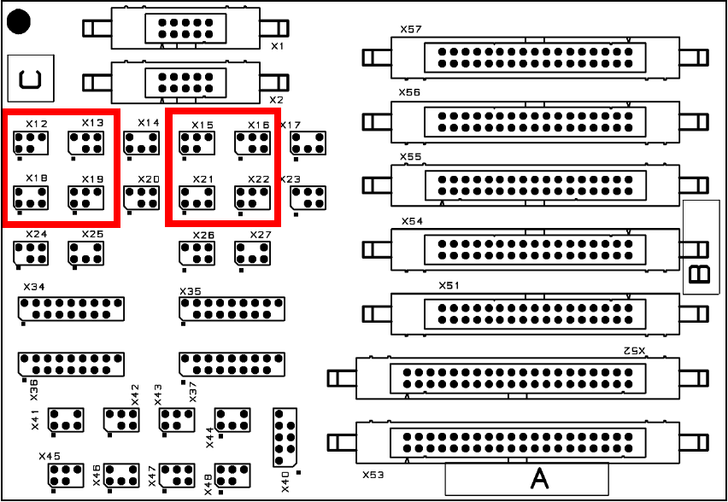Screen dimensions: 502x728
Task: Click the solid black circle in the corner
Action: [20, 20]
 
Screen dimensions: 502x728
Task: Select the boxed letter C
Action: [30, 77]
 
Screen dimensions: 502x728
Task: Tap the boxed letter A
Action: [540, 478]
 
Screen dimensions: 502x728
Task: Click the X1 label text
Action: [277, 45]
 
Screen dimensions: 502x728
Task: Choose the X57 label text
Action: [410, 29]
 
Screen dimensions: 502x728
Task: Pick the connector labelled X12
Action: [31, 143]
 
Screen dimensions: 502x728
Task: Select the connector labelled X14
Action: [141, 143]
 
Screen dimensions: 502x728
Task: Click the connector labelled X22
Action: [253, 198]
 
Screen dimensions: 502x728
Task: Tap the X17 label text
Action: [291, 125]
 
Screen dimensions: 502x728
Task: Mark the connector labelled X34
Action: [71, 308]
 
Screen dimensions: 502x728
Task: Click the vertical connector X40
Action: [285, 436]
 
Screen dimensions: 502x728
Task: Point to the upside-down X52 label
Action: [633, 351]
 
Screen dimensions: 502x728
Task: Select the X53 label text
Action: [373, 473]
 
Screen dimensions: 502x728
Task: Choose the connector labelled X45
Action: [67, 475]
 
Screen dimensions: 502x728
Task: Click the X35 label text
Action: [191, 292]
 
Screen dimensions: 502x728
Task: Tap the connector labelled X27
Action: [252, 253]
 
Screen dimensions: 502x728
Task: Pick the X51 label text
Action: [449, 285]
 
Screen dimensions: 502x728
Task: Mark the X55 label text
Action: [410, 157]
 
